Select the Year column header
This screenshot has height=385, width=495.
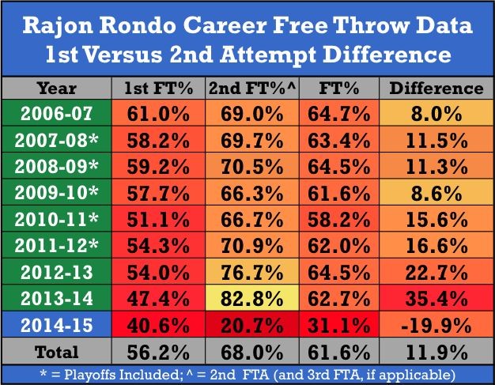tap(56, 88)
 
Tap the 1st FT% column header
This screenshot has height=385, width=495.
tap(156, 88)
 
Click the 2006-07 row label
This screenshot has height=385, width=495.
tap(56, 115)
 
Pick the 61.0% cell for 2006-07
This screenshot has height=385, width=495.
tap(156, 115)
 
